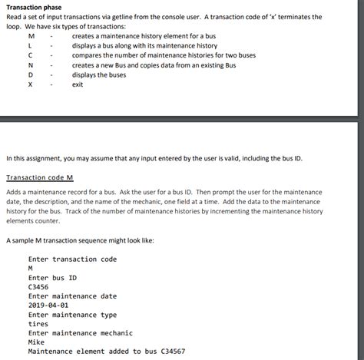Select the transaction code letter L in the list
click(x=31, y=45)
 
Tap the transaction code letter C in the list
click(x=31, y=55)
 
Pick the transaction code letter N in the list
click(x=31, y=65)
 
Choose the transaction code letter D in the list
click(x=31, y=74)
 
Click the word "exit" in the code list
click(x=78, y=84)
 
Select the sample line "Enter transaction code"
click(x=72, y=259)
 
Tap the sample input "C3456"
click(x=38, y=286)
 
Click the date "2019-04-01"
click(x=48, y=305)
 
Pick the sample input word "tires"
click(x=38, y=323)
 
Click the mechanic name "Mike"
click(x=36, y=342)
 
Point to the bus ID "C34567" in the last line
click(x=167, y=351)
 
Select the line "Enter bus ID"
click(x=52, y=277)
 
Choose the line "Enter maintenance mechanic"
click(x=81, y=332)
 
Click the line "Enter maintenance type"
click(x=72, y=314)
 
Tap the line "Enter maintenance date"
click(x=72, y=296)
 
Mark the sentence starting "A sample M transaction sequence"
click(x=80, y=240)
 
